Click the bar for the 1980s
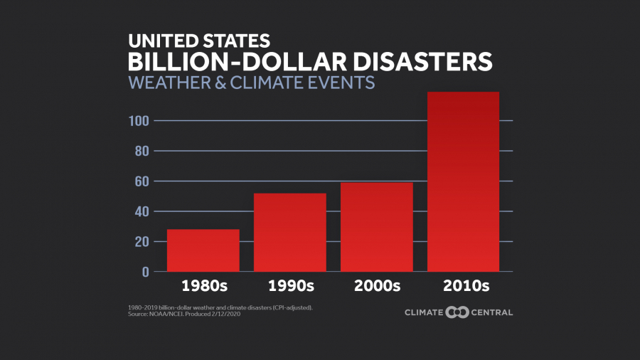point(203,250)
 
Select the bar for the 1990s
point(290,232)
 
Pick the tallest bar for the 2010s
point(463,181)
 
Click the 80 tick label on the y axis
point(142,151)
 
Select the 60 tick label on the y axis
point(142,181)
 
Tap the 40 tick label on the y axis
point(142,211)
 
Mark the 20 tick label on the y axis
point(142,242)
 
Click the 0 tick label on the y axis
point(146,272)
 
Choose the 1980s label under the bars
point(203,287)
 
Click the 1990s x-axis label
point(290,287)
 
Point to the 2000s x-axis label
point(377,287)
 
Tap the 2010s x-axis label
point(463,287)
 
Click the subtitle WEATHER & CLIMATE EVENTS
point(251,83)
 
